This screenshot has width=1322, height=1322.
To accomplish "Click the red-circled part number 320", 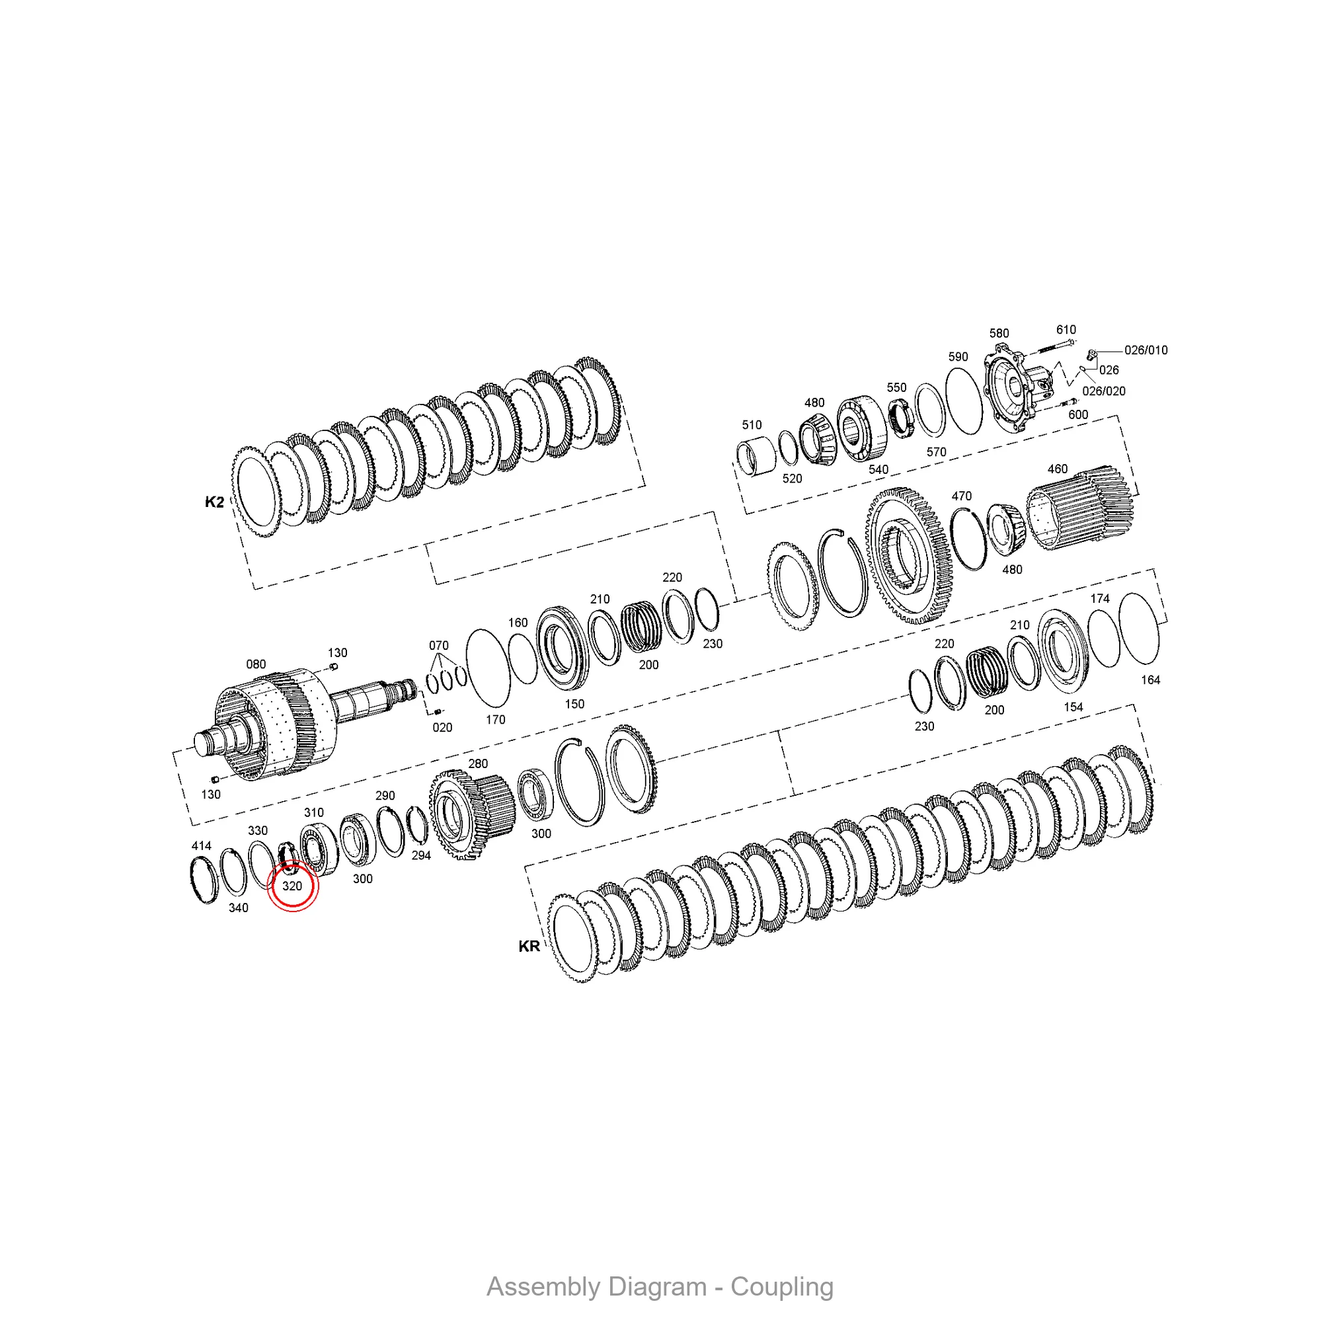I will [x=292, y=886].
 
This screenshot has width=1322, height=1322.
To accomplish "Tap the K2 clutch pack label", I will [x=214, y=502].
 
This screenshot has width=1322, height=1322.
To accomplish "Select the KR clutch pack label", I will [x=529, y=947].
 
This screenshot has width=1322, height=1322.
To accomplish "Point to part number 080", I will [x=256, y=664].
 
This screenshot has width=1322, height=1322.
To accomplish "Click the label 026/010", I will [x=1146, y=350].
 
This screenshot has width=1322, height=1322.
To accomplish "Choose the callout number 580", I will [x=999, y=333].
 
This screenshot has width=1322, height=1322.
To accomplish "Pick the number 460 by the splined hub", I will [x=1057, y=469].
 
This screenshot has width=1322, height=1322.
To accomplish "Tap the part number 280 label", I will [x=478, y=763].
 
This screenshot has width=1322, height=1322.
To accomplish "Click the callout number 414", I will [x=201, y=846].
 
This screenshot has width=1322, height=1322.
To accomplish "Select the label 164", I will [x=1150, y=680].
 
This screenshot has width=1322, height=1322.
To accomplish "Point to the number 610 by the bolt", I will [x=1066, y=330].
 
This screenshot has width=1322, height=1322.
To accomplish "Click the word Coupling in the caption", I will [x=781, y=1287].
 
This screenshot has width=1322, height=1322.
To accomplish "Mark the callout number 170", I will [x=495, y=719].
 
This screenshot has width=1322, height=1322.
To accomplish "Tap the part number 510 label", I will [x=752, y=425].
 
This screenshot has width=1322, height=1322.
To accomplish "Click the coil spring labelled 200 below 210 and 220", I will [x=641, y=626].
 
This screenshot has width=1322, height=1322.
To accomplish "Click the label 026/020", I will [x=1104, y=391].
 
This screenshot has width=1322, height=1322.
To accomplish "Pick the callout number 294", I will [x=421, y=855].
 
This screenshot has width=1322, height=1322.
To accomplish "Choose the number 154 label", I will [x=1073, y=707].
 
